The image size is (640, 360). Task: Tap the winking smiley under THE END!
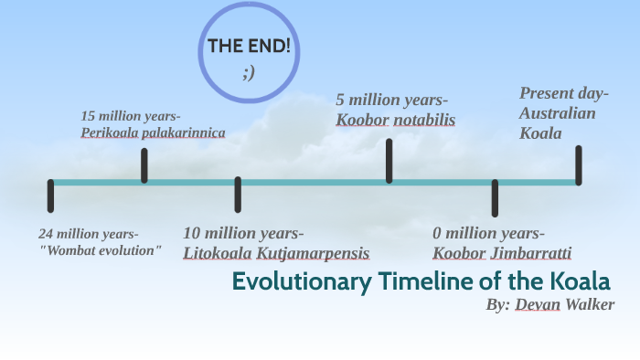[x=249, y=72]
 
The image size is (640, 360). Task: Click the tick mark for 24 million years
[x=50, y=196]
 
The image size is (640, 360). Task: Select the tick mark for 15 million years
[x=144, y=165]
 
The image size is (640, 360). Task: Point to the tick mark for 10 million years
[x=238, y=195]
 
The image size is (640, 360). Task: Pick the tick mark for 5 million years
[x=389, y=161]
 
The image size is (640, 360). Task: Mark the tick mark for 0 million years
[x=495, y=197]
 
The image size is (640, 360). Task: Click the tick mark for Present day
[x=579, y=164]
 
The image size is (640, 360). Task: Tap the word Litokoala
[x=217, y=252]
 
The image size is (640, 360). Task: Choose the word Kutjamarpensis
[x=313, y=252]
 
